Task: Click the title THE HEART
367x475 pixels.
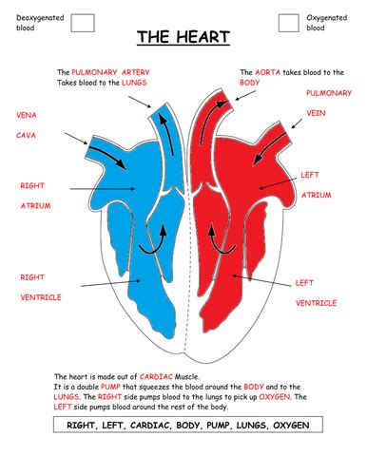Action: point(183,38)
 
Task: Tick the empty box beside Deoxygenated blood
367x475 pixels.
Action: point(83,23)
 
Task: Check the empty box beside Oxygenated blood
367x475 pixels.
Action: point(288,23)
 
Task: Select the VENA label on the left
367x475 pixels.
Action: point(26,115)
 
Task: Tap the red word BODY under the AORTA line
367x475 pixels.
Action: point(251,83)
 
